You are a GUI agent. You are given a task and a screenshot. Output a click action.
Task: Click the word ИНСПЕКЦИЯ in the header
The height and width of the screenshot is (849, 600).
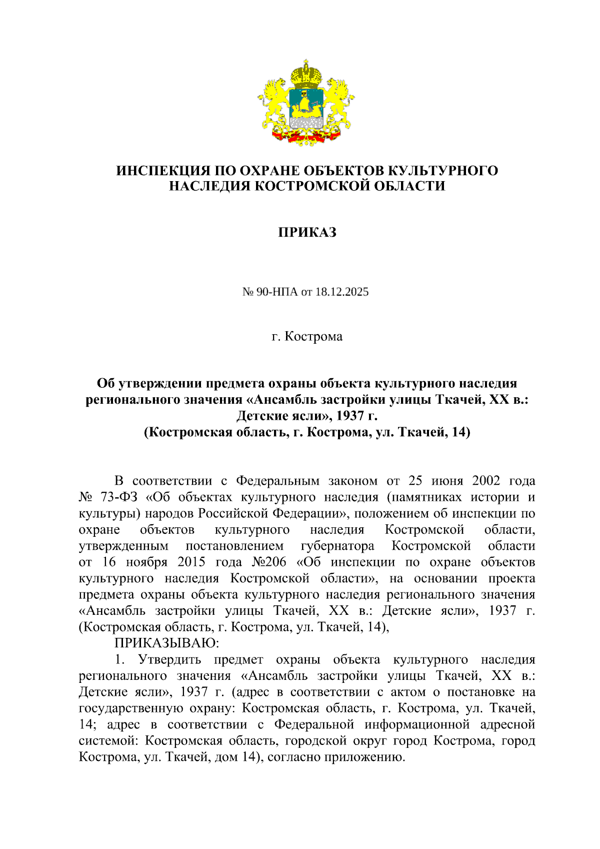159,171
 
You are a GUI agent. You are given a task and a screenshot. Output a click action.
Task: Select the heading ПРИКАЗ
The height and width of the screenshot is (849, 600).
306,232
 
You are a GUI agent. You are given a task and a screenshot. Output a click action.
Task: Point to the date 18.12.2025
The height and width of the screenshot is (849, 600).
341,292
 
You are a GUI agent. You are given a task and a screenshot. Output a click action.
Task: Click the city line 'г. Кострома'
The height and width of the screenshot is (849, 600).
306,336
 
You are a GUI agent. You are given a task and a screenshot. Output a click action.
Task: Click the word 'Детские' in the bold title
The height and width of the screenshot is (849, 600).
263,415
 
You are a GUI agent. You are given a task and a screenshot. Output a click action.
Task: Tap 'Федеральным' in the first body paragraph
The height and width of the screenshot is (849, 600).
277,481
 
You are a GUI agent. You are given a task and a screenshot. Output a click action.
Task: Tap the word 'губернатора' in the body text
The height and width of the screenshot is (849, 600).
337,546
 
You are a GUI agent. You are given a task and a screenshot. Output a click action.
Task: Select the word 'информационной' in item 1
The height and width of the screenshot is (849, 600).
417,724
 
